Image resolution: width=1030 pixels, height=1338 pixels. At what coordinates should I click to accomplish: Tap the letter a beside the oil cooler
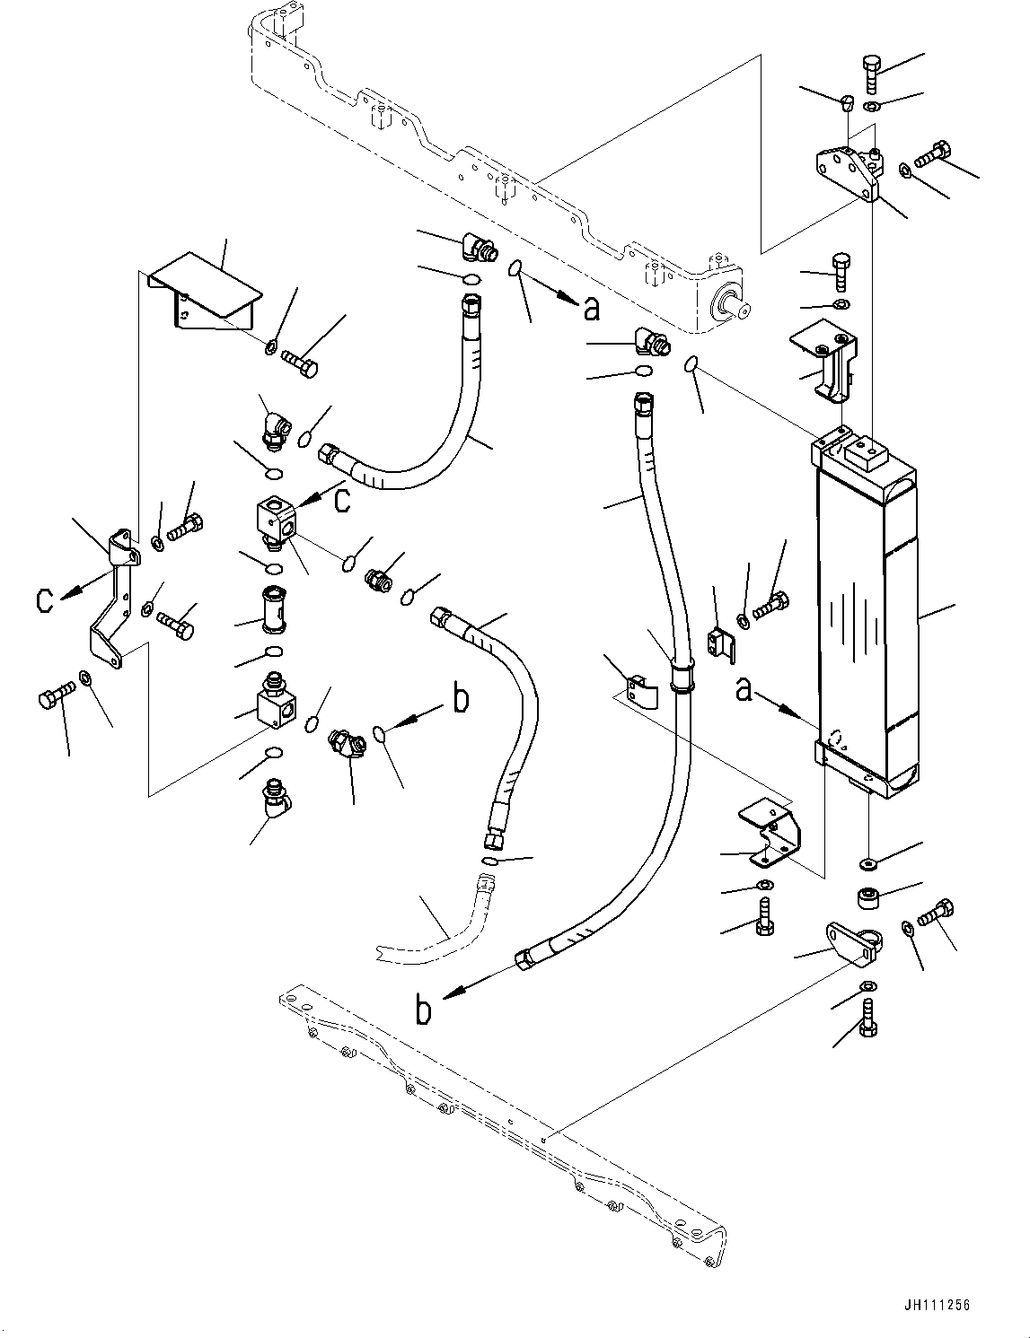[x=744, y=689]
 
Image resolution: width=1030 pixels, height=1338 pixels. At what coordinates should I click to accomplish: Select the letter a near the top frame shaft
[x=591, y=308]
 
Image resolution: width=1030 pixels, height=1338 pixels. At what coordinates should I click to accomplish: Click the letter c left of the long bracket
[x=44, y=599]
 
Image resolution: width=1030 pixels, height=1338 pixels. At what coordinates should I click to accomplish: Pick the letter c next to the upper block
[x=341, y=501]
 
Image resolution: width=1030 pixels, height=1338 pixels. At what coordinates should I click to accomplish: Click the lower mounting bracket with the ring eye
[x=852, y=943]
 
